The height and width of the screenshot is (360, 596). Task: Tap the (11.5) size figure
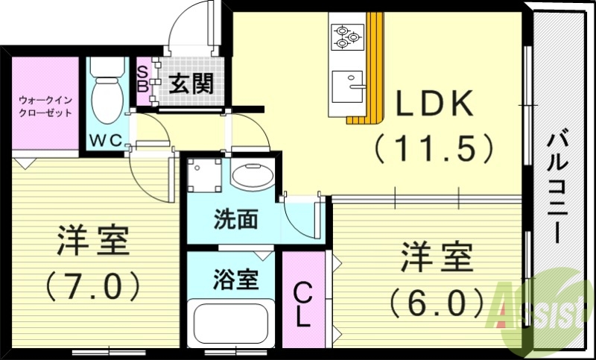[434, 148]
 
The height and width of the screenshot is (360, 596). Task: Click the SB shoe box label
[143, 76]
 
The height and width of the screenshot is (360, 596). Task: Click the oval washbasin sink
[252, 177]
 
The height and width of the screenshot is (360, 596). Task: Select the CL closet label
[302, 303]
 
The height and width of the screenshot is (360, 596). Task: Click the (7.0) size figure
[94, 285]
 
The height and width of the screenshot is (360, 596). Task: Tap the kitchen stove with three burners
[347, 35]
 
